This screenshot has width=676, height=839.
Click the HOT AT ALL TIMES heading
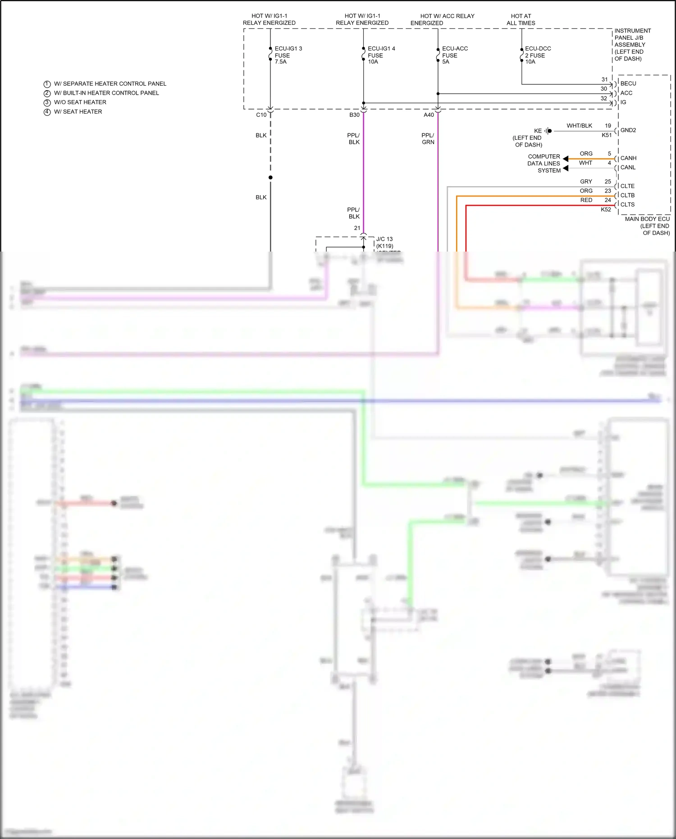[x=521, y=19]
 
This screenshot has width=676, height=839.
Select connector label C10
[x=261, y=115]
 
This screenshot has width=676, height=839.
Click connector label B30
[x=354, y=115]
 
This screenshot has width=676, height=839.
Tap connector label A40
[x=429, y=115]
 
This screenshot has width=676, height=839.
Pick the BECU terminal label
[x=628, y=83]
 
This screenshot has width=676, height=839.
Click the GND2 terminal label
[x=628, y=130]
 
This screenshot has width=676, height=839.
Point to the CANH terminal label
[x=628, y=158]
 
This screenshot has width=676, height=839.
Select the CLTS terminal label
[x=627, y=205]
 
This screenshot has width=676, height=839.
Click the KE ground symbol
[x=548, y=131]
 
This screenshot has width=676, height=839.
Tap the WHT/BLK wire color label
[x=579, y=126]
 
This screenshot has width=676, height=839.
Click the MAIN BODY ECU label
[x=647, y=225]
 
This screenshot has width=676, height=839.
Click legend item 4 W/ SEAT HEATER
[x=78, y=112]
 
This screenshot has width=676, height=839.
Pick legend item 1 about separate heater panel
[x=110, y=84]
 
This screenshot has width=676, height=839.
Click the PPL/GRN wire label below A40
[x=428, y=138]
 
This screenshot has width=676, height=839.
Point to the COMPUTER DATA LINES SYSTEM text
[x=544, y=163]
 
